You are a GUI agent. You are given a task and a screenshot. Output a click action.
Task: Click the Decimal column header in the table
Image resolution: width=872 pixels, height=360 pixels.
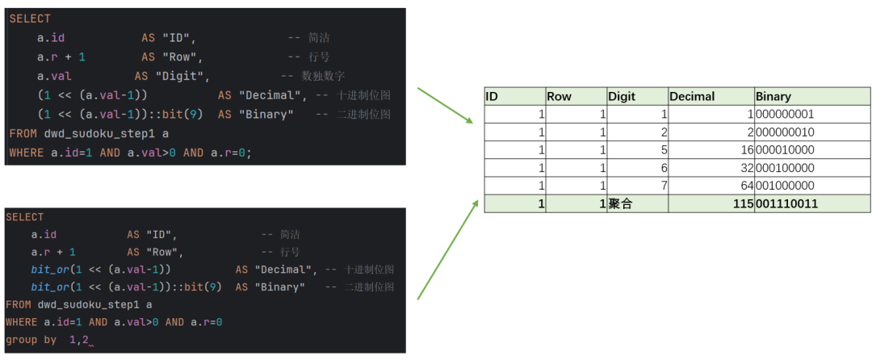click(x=692, y=97)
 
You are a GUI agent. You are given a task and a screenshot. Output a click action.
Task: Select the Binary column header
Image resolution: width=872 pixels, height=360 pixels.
click(x=773, y=97)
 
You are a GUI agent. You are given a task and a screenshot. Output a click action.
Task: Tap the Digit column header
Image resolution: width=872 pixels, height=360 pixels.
click(x=622, y=97)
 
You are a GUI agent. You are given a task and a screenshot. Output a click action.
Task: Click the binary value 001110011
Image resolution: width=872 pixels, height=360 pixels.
click(x=786, y=204)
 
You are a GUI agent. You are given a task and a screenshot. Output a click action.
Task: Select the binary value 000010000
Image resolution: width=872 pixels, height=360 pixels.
click(x=785, y=150)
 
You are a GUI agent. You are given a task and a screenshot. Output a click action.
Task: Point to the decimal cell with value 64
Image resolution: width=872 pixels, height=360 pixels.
click(x=748, y=186)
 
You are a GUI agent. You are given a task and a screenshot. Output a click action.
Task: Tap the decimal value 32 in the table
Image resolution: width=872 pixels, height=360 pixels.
click(x=748, y=168)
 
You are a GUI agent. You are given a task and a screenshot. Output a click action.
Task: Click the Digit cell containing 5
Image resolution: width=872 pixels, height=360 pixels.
click(x=664, y=150)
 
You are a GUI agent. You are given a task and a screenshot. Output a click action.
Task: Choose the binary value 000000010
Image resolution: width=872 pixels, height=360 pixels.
click(x=785, y=132)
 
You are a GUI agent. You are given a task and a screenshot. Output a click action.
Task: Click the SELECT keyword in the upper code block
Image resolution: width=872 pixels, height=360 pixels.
click(x=30, y=19)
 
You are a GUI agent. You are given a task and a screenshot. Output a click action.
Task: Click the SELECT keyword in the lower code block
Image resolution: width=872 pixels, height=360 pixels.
click(x=24, y=216)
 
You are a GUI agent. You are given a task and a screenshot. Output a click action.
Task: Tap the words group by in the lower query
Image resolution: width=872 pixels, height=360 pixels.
click(x=31, y=340)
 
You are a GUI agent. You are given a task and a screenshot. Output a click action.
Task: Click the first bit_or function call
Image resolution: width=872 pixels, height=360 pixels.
click(x=101, y=270)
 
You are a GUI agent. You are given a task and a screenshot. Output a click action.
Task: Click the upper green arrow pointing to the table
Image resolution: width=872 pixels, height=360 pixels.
click(x=444, y=106)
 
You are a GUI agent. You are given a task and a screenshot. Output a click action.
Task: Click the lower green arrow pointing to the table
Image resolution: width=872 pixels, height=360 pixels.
click(x=447, y=249)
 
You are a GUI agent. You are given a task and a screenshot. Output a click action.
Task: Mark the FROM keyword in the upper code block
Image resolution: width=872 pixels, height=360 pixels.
click(x=20, y=133)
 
